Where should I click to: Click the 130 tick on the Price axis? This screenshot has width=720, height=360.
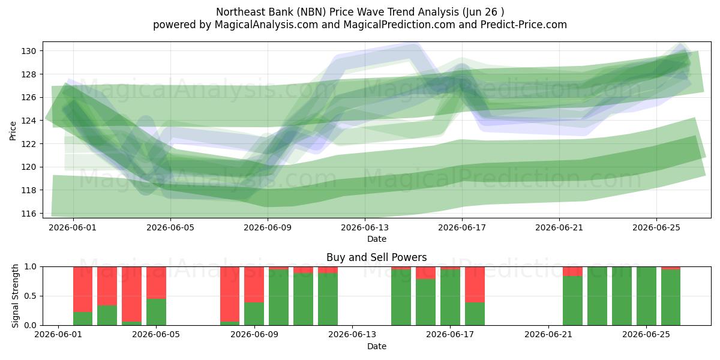29,51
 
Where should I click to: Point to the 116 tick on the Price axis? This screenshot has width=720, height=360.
29,214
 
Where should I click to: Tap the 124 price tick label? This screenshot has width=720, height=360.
29,121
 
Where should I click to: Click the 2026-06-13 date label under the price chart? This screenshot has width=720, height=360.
365,227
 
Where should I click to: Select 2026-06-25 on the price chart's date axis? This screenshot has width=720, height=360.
656,227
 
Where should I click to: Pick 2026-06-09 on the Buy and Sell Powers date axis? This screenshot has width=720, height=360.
254,335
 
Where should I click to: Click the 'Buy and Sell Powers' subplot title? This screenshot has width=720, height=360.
376,257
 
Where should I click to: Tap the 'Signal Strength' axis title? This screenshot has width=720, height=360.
15,296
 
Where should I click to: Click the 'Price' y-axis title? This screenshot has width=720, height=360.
13,131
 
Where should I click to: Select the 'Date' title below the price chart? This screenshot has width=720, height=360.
377,239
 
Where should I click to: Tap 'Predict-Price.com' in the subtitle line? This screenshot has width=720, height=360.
524,25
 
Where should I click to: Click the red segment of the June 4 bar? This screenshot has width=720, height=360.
132,294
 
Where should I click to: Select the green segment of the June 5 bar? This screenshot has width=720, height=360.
156,312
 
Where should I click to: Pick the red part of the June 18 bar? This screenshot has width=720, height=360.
475,284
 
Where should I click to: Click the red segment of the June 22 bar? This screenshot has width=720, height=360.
572,271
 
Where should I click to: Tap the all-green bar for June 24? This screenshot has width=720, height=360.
622,296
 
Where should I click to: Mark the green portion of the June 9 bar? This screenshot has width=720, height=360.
254,314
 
